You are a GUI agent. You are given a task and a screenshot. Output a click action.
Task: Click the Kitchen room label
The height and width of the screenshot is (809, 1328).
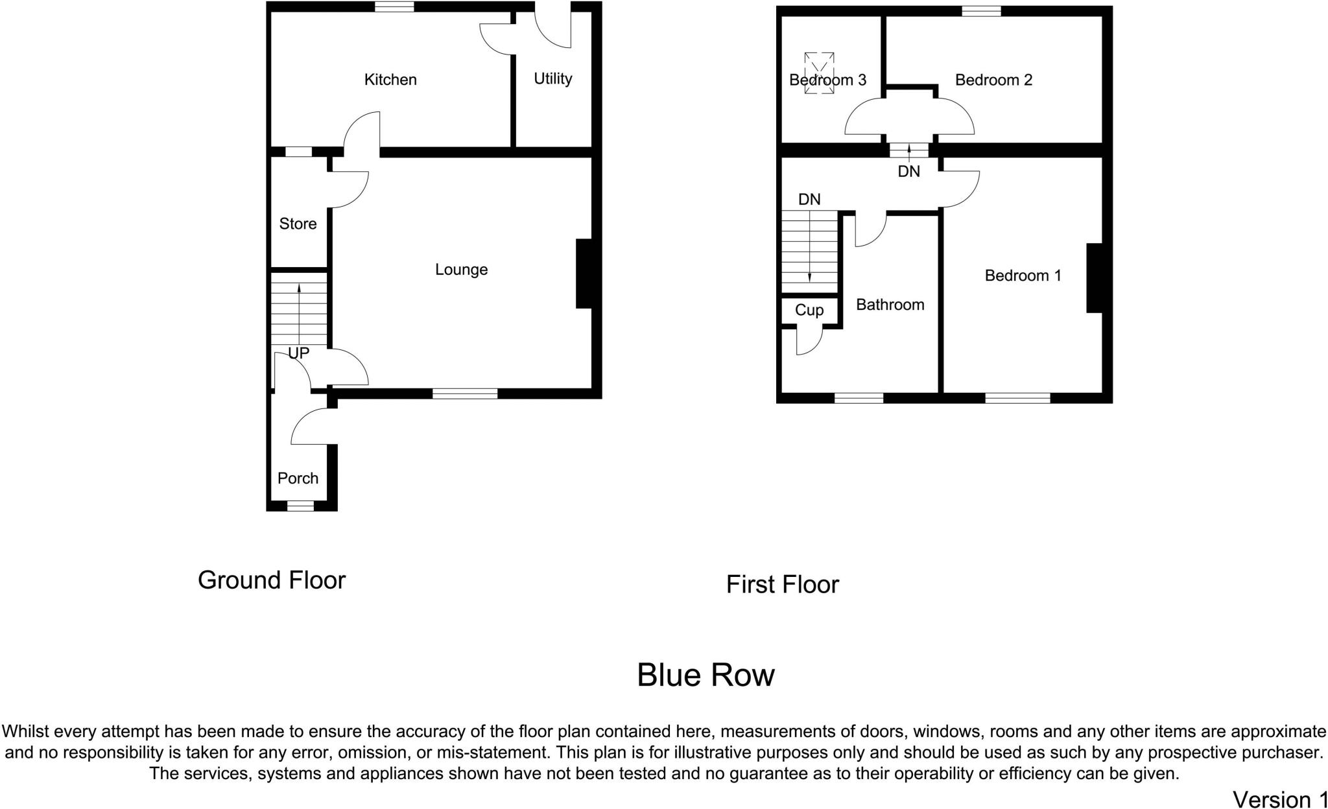(x=390, y=80)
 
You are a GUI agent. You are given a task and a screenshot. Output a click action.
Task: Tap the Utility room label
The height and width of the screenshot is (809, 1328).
(x=553, y=78)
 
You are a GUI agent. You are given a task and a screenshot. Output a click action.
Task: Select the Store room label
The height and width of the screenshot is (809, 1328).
(x=298, y=224)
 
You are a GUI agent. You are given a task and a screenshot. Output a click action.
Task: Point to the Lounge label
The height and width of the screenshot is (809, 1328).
(x=461, y=269)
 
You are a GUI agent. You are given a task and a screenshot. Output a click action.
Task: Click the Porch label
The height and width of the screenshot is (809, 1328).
(x=298, y=478)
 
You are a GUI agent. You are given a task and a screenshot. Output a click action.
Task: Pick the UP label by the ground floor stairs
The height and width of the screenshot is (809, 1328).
(x=298, y=353)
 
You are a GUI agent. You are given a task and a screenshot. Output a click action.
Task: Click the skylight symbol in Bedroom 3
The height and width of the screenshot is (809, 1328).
(x=819, y=73)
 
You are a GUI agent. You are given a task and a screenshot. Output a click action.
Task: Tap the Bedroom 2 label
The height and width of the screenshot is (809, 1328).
(x=993, y=80)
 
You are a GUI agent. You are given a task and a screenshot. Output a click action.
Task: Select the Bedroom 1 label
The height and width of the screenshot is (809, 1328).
(x=1023, y=276)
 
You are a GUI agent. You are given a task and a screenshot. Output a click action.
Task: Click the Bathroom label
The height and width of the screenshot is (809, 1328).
(x=890, y=305)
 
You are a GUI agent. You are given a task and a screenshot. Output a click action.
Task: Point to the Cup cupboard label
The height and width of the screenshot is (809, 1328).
(x=809, y=310)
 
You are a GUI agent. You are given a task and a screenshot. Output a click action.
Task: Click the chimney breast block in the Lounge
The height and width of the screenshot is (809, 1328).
(x=584, y=274)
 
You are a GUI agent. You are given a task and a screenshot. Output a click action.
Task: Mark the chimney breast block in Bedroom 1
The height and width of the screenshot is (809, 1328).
(x=1095, y=278)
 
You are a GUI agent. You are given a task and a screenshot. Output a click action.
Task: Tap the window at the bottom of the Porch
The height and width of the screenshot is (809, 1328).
(x=300, y=506)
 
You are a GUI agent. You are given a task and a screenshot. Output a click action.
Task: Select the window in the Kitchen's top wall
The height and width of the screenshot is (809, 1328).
(x=394, y=7)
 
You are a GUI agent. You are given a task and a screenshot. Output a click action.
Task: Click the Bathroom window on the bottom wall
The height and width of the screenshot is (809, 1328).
(x=859, y=398)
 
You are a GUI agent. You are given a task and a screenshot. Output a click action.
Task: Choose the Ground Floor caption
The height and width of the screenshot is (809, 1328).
(x=272, y=580)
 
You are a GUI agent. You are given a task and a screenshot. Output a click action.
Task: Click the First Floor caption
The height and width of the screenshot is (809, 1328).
(x=782, y=585)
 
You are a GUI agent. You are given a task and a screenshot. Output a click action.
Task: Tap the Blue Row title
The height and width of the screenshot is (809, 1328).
(x=705, y=675)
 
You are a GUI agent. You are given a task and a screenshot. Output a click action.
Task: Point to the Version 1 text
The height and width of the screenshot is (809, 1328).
(x=1279, y=799)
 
